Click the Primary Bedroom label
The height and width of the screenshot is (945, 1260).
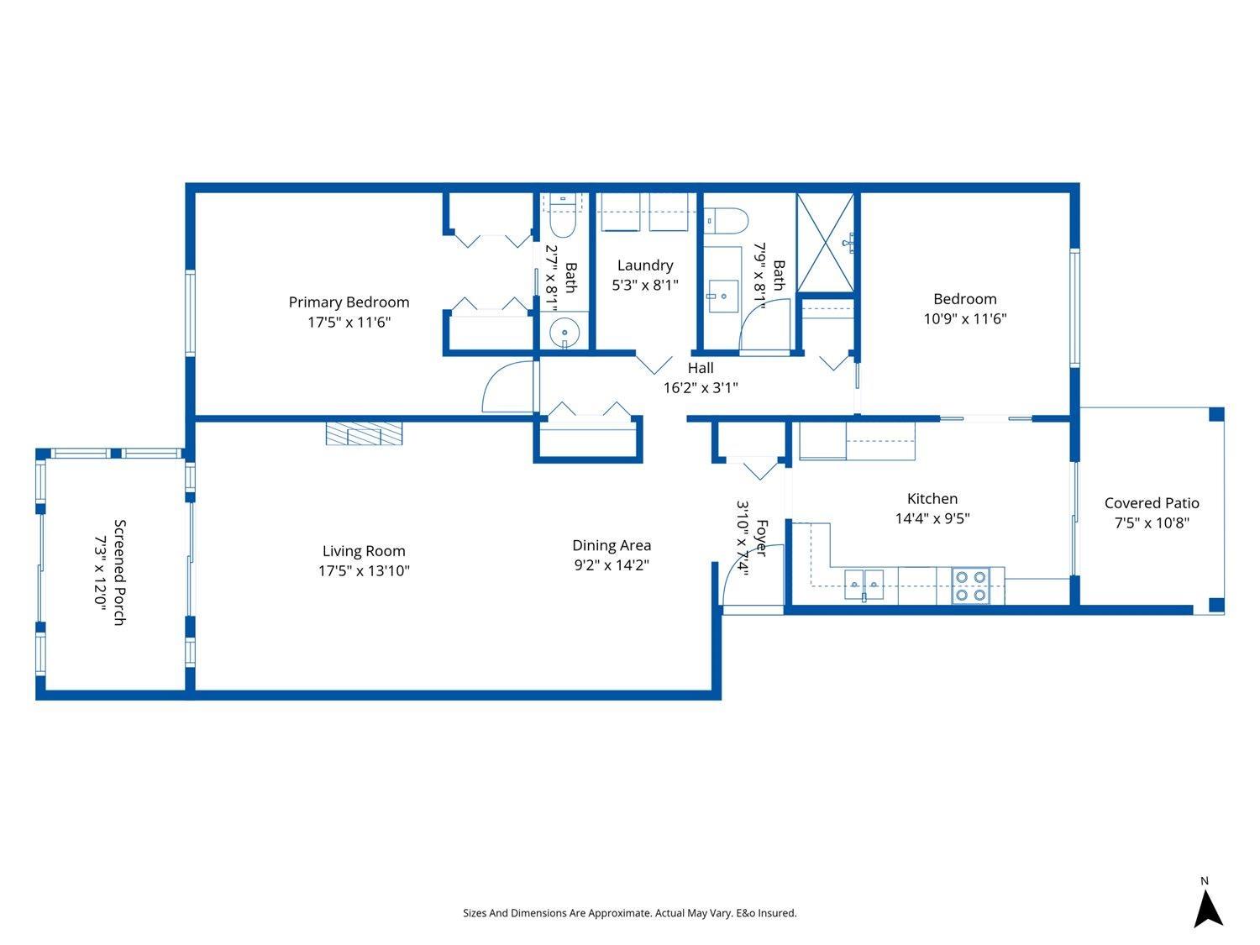click(349, 302)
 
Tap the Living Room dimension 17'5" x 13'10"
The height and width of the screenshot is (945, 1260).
click(364, 571)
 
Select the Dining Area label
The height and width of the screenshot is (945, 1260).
click(612, 546)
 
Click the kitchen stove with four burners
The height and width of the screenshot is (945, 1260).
click(970, 585)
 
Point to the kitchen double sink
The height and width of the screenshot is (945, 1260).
click(864, 581)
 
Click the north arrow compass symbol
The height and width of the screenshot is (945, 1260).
click(1207, 908)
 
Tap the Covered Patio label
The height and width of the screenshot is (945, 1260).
click(1151, 503)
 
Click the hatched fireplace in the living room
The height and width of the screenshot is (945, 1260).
click(365, 433)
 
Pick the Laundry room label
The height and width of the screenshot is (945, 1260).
click(645, 265)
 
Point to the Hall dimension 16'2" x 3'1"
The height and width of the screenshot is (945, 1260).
click(701, 387)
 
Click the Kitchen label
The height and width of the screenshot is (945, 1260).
click(932, 499)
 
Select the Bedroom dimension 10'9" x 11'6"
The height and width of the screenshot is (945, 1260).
click(964, 319)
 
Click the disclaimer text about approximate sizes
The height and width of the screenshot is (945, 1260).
click(629, 913)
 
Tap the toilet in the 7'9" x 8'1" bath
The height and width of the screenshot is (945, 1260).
click(727, 220)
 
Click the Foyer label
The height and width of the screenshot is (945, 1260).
click(761, 538)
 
